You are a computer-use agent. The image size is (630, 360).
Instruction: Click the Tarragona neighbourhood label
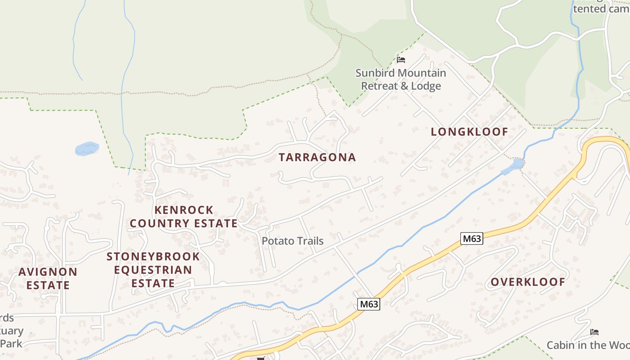317,157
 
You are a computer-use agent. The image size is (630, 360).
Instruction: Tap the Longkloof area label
469,132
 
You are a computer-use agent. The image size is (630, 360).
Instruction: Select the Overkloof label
528,282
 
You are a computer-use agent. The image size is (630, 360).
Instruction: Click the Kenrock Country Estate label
184,216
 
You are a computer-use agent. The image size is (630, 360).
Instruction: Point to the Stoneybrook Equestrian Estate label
153,270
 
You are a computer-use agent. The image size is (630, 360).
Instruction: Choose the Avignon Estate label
48,278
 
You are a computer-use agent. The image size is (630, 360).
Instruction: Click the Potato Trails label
292,241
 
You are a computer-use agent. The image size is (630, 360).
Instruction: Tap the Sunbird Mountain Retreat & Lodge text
401,79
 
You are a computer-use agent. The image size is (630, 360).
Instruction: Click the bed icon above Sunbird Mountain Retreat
401,59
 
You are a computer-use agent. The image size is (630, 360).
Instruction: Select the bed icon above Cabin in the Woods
594,332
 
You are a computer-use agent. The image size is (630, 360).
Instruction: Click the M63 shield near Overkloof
472,238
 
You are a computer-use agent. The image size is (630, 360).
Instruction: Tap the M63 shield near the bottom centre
369,304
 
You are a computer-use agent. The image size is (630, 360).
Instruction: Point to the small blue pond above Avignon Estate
87,148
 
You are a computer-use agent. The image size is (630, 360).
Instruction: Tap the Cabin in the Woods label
588,345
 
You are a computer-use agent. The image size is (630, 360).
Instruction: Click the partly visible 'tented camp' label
601,9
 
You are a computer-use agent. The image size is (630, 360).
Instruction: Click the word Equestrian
153,270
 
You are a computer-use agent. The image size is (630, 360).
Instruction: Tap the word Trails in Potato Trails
309,241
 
